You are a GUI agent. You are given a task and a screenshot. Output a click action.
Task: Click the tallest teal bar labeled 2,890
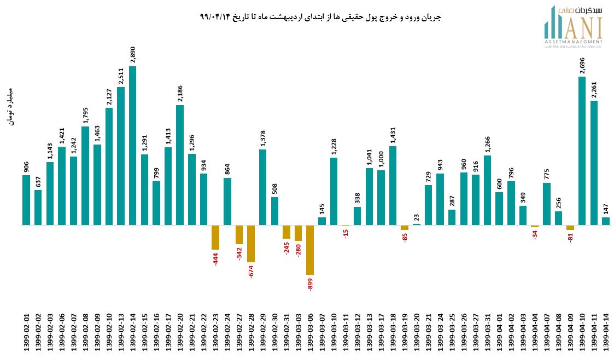132,146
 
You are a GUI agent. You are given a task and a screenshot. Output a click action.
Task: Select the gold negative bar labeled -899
310,250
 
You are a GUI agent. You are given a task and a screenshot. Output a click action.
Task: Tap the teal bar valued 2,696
582,151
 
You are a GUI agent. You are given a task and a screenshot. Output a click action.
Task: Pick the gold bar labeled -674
251,244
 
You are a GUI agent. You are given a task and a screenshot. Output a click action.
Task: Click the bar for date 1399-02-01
26,200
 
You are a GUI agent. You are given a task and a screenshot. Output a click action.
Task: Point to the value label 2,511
121,76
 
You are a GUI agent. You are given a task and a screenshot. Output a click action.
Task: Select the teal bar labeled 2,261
594,163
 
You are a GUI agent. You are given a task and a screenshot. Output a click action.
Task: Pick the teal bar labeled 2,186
180,165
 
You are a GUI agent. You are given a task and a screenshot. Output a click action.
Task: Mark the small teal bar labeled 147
606,221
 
